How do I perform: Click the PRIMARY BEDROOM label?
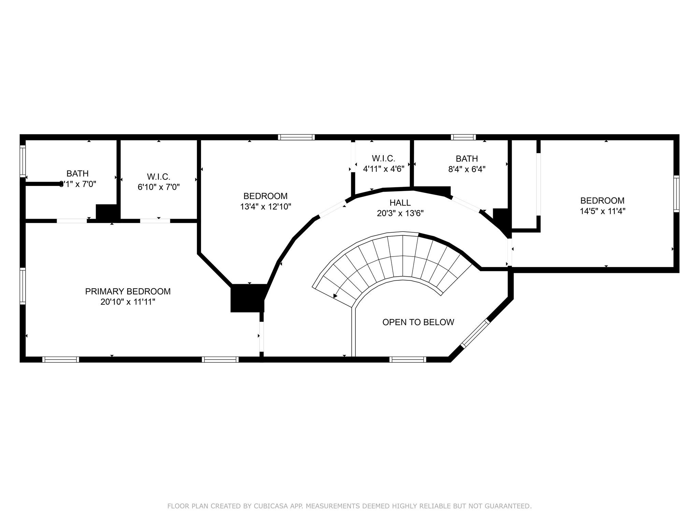128,291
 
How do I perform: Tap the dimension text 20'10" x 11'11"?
128,302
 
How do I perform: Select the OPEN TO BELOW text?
418,322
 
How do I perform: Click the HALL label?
400,203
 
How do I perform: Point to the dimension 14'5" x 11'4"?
602,211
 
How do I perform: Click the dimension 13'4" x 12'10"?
265,207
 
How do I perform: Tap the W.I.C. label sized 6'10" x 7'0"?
158,177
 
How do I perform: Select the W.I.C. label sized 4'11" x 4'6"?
383,158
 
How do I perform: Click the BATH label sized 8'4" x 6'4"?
467,159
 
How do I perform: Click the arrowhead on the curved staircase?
335,296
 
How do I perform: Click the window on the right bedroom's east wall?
676,194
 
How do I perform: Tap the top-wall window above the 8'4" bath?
463,137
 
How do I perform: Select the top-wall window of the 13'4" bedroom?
296,137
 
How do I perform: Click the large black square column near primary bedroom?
247,298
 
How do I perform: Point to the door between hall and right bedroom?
509,252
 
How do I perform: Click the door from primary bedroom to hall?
261,336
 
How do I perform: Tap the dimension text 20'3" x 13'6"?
400,214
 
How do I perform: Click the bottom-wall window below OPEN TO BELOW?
408,359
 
